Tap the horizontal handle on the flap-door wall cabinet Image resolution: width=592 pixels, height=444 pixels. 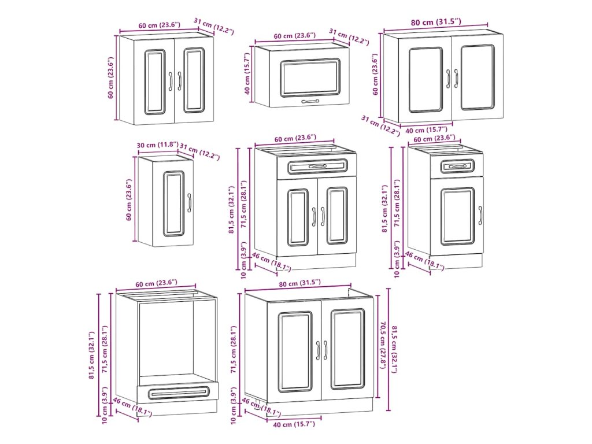[310, 101]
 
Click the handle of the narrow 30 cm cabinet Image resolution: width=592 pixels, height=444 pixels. [189, 203]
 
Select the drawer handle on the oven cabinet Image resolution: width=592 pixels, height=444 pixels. [177, 393]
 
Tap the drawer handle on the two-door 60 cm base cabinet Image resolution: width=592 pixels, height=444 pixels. [317, 166]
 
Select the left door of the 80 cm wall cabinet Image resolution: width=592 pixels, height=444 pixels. [425, 79]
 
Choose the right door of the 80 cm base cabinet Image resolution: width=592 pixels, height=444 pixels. [347, 349]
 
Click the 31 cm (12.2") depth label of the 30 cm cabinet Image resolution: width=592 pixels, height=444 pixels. [199, 151]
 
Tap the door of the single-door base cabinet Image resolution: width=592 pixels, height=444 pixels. [458, 216]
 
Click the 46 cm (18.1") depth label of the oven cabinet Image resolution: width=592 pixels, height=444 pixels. [132, 407]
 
